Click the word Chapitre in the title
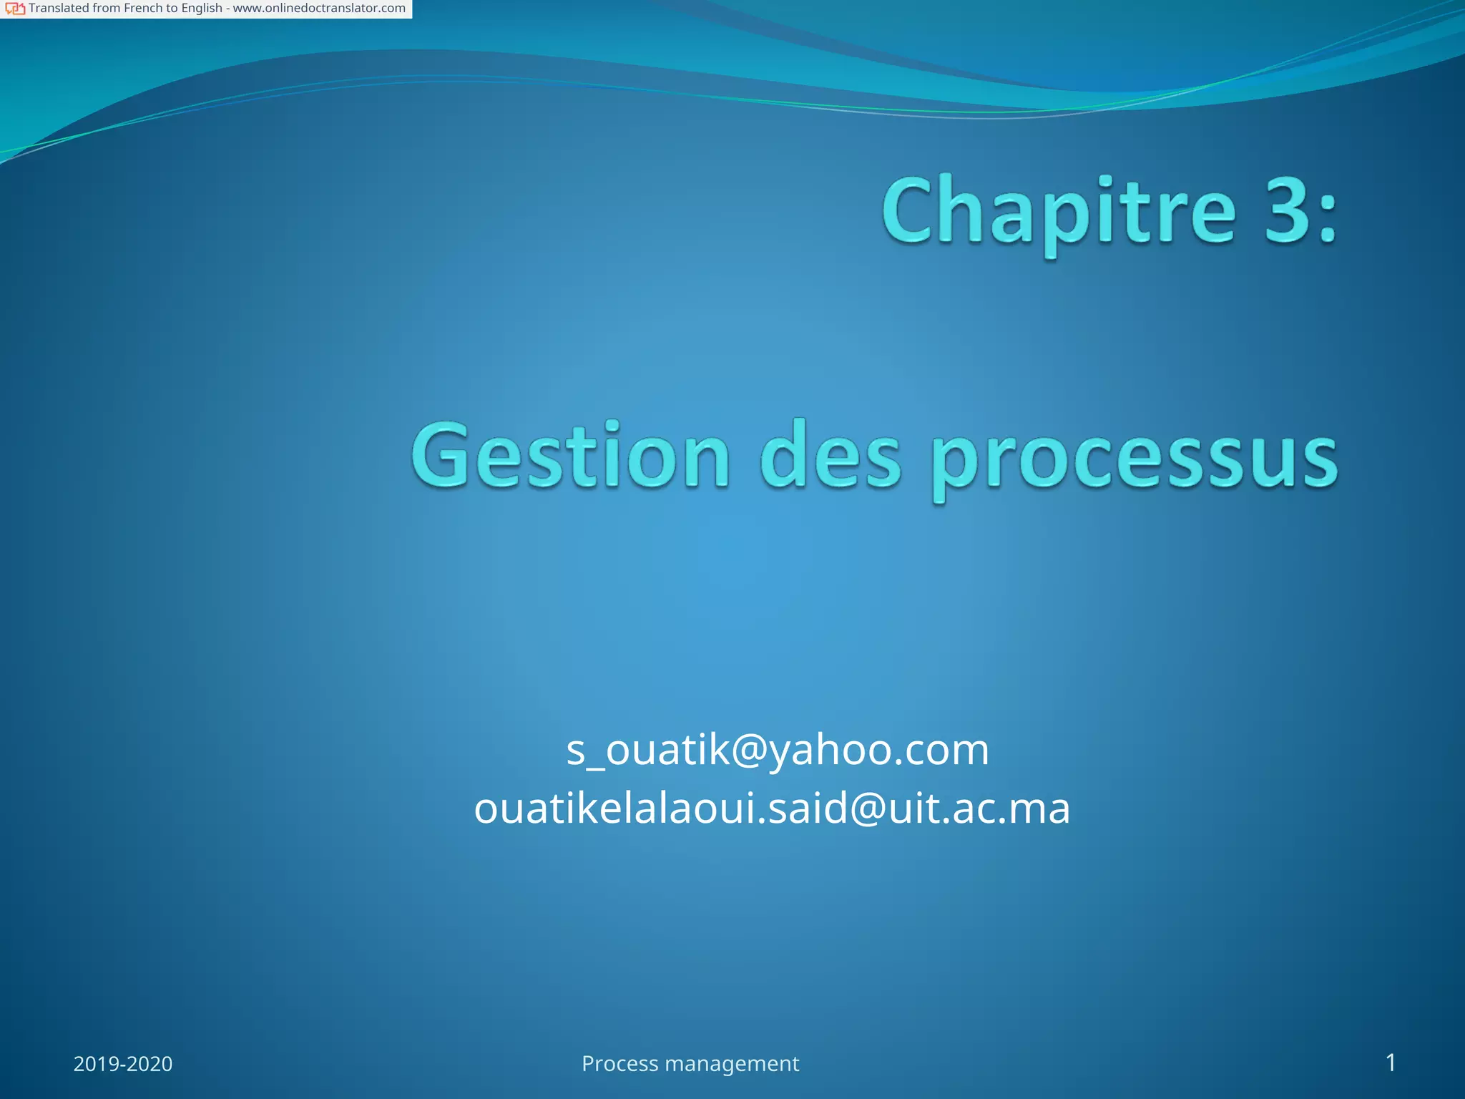pos(1059,213)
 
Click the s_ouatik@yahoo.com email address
pos(778,750)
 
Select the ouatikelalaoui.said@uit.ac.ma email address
pos(772,809)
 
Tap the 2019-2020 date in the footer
pos(123,1064)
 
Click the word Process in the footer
pos(619,1064)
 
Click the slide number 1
pos(1391,1063)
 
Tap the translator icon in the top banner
pos(15,9)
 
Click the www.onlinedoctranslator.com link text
pos(319,9)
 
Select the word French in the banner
pos(143,9)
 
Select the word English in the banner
pos(201,9)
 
